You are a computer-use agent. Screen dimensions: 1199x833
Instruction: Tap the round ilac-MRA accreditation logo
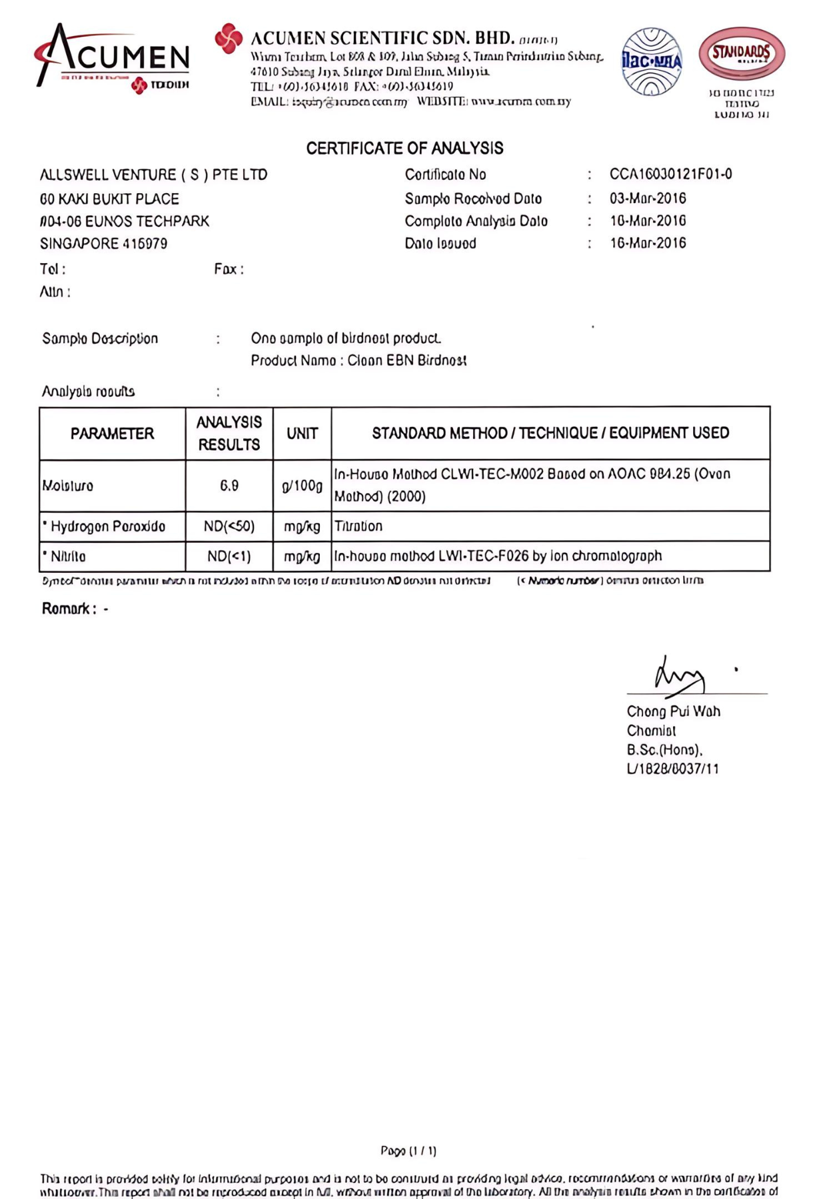(x=651, y=61)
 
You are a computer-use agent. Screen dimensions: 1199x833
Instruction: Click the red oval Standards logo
(x=742, y=53)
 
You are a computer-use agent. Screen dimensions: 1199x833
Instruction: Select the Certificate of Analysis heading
(x=405, y=148)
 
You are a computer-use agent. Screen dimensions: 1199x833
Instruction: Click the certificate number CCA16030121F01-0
(x=670, y=175)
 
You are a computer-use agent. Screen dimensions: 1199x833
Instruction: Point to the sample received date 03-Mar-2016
(x=648, y=199)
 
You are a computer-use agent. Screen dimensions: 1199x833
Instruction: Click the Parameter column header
(x=112, y=434)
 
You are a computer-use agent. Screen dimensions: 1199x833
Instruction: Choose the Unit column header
(x=302, y=434)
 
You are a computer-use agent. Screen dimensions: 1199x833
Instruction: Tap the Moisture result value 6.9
(x=229, y=486)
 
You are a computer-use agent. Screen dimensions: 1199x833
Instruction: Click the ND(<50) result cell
(x=229, y=526)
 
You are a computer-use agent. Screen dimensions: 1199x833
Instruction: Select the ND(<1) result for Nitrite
(x=229, y=556)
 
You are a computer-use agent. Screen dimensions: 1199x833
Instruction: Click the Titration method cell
(x=359, y=526)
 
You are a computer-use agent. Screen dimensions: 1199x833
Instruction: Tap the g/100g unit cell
(x=302, y=486)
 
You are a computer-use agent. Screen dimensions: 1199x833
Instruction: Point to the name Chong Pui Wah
(x=673, y=711)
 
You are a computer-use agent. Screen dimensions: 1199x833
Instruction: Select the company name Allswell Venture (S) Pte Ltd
(x=153, y=175)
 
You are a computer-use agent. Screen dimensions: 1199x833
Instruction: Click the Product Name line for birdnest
(x=359, y=360)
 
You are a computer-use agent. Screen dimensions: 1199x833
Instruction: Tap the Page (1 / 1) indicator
(x=409, y=1150)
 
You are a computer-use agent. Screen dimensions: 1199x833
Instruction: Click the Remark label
(x=69, y=608)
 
